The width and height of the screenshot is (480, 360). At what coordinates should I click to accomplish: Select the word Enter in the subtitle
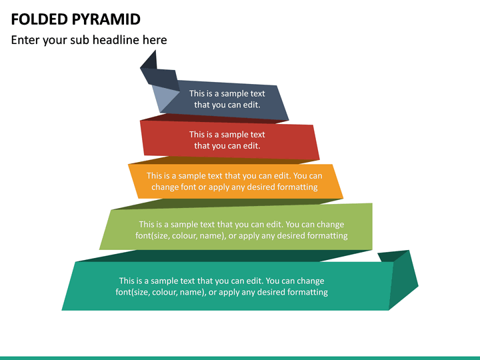[x=26, y=40]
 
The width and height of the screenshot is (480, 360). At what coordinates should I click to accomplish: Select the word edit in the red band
[x=250, y=146]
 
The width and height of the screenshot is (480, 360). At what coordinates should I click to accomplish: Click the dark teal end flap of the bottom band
[x=403, y=280]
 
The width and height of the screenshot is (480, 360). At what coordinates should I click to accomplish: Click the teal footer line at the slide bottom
[x=240, y=357]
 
